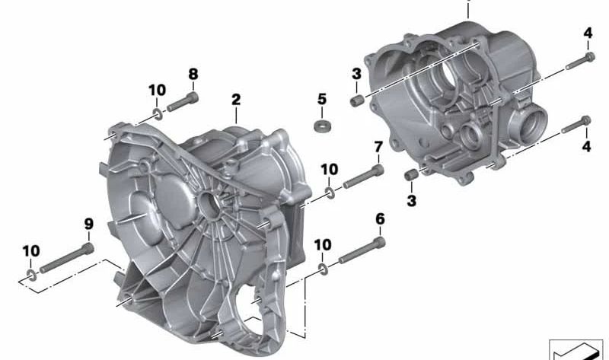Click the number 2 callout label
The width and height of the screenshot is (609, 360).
(236, 100)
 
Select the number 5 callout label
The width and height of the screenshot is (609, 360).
(322, 99)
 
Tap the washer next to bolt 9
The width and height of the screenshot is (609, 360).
(30, 273)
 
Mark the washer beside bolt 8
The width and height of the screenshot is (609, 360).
(158, 114)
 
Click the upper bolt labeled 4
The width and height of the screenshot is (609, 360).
(581, 59)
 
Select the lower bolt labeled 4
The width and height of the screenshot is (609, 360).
(576, 126)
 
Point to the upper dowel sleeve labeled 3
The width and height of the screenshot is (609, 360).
(355, 100)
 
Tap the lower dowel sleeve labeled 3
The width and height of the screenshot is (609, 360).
(412, 176)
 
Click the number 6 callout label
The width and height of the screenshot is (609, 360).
(380, 220)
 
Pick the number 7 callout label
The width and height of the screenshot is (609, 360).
(378, 147)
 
